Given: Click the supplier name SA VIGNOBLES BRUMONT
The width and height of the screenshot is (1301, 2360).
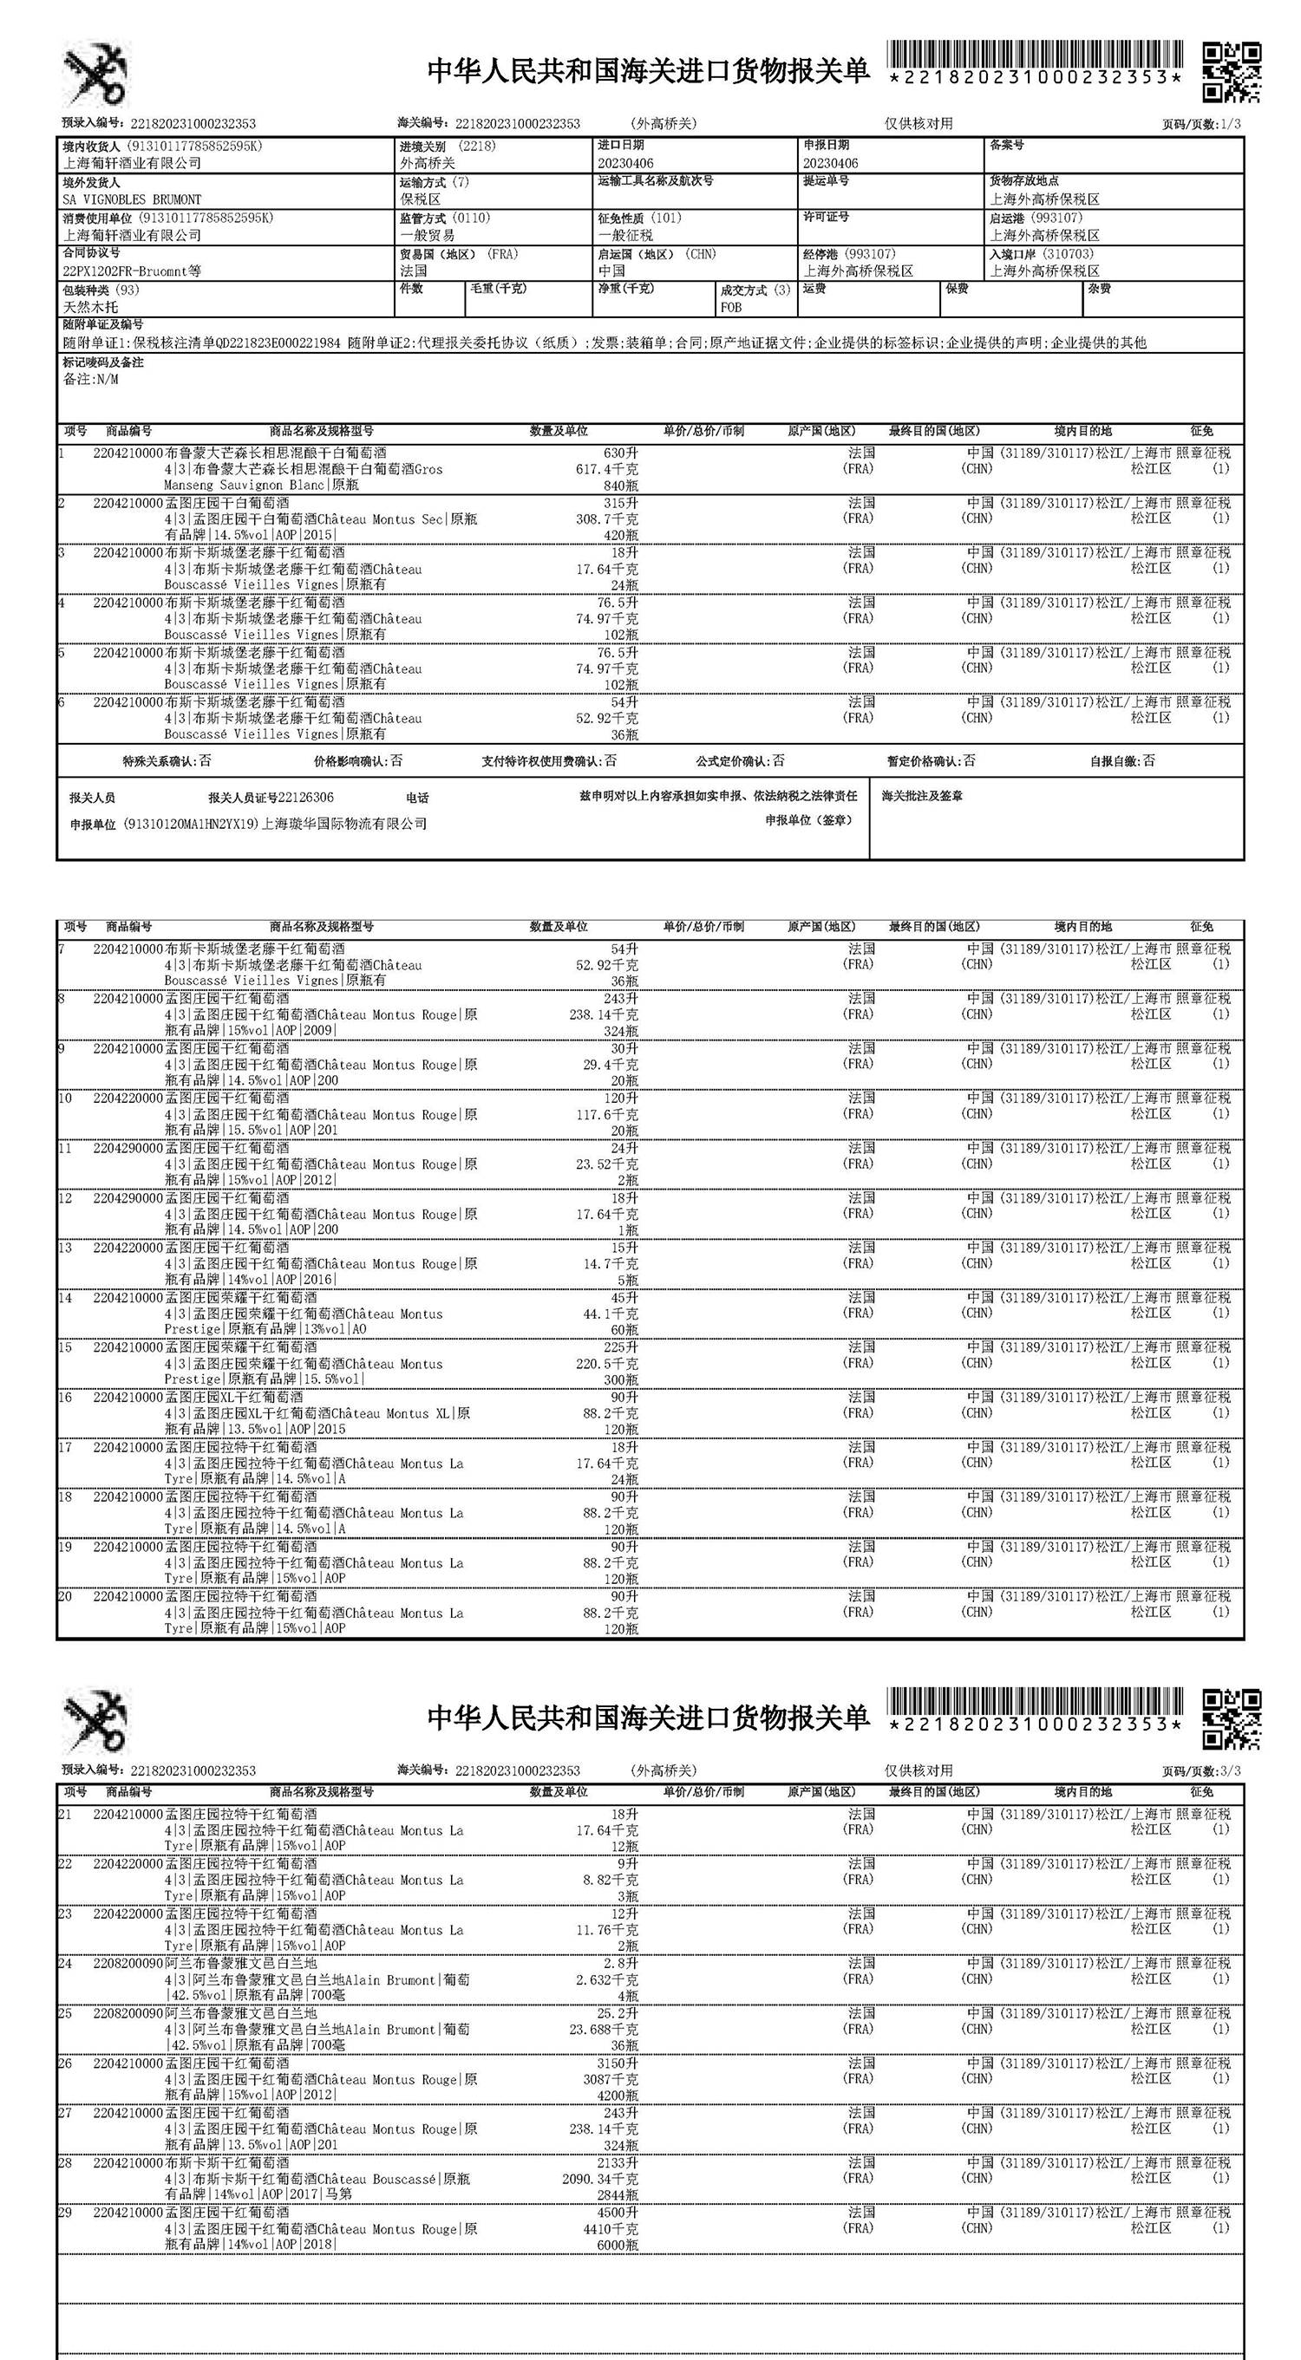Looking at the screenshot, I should [x=131, y=199].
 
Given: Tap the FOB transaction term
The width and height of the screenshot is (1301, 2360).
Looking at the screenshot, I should [x=731, y=308].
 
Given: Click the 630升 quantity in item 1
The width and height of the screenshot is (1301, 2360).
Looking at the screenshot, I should [x=620, y=453].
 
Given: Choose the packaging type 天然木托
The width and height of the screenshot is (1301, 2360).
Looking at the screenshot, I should [x=90, y=308].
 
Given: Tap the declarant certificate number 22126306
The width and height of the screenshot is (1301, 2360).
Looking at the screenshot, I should [x=306, y=798].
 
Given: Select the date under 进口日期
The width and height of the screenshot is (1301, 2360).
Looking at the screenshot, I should [x=624, y=163].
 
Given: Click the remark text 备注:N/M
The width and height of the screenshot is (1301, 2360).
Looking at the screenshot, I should [x=90, y=379].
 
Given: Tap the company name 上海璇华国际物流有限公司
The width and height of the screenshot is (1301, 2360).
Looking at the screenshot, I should [x=344, y=824].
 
